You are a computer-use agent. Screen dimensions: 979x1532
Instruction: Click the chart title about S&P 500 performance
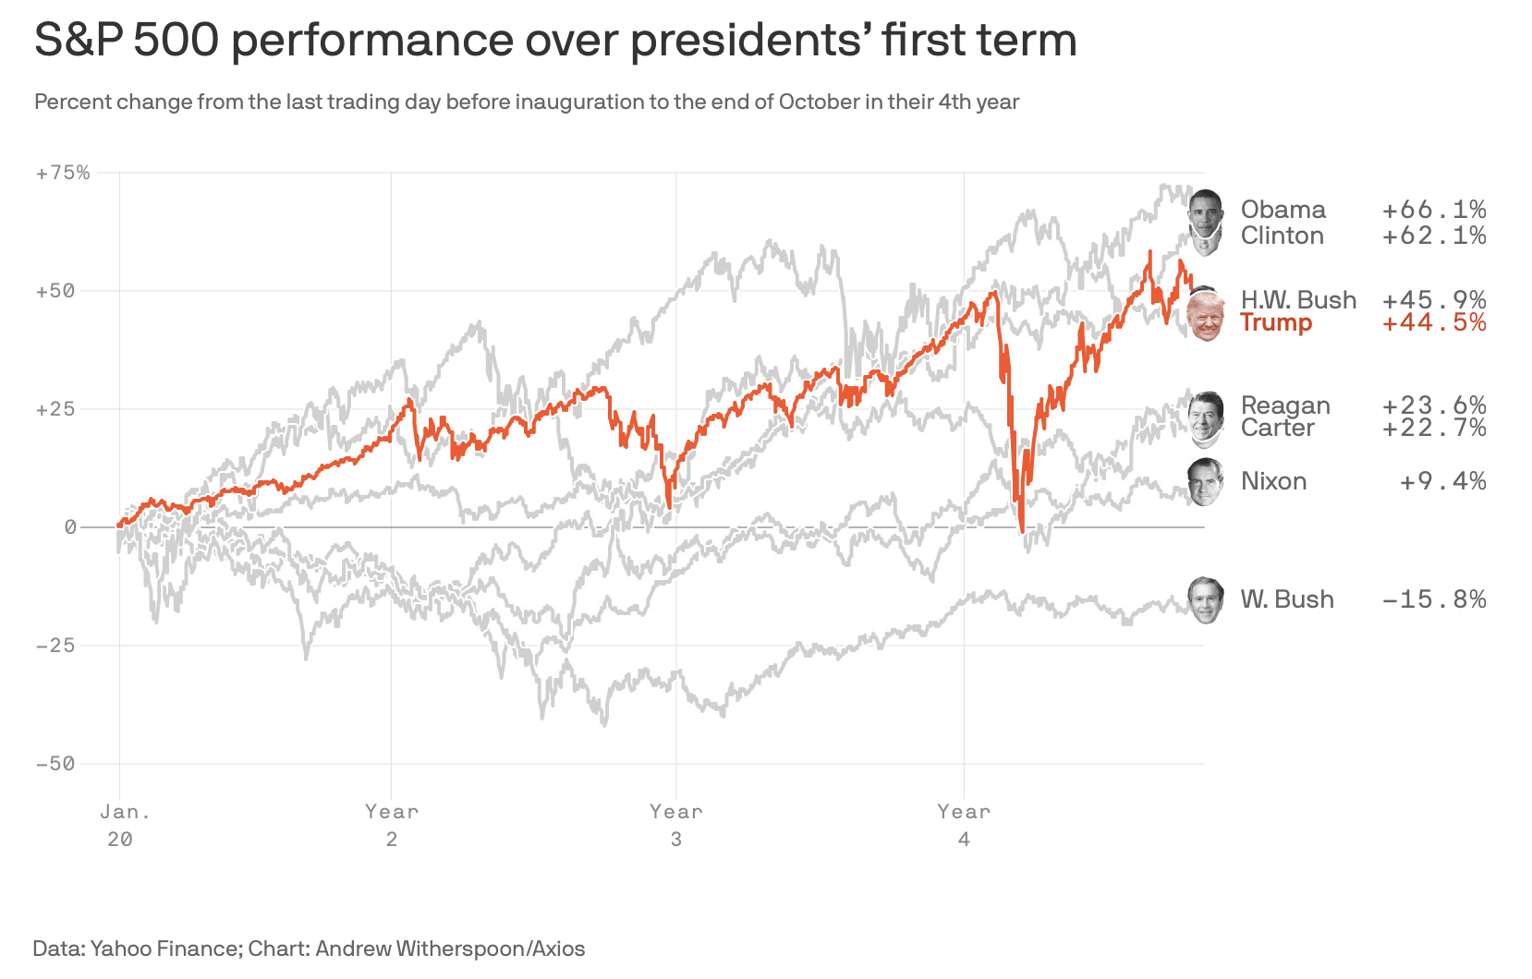[x=555, y=41]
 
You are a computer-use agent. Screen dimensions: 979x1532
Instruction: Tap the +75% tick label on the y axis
[x=63, y=173]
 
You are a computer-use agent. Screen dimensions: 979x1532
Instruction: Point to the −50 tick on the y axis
[x=55, y=764]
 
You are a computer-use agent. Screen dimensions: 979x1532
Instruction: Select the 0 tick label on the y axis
[x=70, y=527]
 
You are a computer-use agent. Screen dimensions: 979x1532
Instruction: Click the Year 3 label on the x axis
[x=675, y=825]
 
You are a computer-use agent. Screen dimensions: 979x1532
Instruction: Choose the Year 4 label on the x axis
[x=964, y=825]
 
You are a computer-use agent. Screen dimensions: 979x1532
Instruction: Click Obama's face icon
[x=1205, y=211]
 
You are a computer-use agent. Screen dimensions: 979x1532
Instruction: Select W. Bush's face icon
[x=1205, y=600]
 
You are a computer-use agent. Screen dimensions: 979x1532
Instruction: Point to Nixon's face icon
[x=1205, y=481]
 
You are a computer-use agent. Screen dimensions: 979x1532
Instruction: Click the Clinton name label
[x=1282, y=236]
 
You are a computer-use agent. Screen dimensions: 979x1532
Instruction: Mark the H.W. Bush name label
[x=1298, y=300]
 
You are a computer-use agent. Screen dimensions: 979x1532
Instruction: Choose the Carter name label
[x=1277, y=429]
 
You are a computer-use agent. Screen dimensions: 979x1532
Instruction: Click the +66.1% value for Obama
[x=1434, y=211]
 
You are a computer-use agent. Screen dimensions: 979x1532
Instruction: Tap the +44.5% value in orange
[x=1434, y=323]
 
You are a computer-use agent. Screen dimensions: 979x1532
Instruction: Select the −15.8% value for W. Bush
[x=1434, y=600]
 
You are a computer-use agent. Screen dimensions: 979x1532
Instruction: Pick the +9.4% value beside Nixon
[x=1442, y=482]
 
